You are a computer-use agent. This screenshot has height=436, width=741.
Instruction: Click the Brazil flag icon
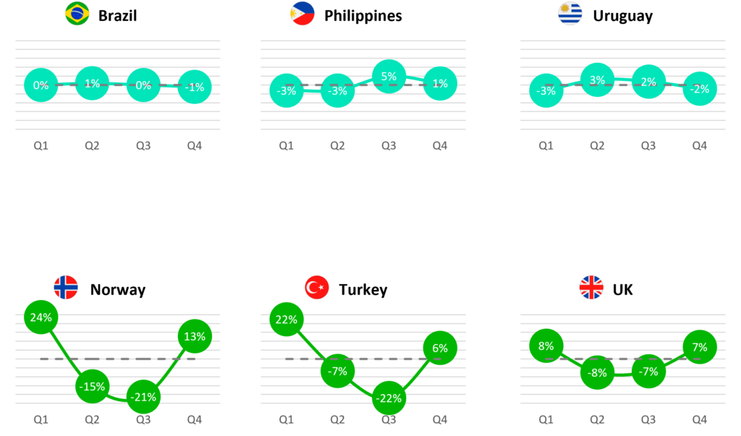click(77, 13)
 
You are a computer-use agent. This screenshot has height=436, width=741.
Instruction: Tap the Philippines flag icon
click(302, 13)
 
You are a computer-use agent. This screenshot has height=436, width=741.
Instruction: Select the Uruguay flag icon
click(570, 13)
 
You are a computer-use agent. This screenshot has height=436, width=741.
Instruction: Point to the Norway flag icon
click(66, 287)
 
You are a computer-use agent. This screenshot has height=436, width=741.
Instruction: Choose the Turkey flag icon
click(316, 287)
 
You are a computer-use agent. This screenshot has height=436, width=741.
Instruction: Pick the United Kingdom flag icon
click(591, 287)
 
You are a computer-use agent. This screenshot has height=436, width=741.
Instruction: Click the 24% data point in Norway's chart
click(41, 317)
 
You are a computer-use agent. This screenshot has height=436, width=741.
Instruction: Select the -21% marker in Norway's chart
click(143, 397)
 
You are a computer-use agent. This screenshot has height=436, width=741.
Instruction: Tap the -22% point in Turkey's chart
click(389, 398)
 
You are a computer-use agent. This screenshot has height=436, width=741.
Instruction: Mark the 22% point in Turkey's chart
click(287, 320)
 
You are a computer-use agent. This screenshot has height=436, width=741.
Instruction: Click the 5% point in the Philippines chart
click(389, 77)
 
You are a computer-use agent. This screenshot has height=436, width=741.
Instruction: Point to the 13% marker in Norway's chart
click(195, 336)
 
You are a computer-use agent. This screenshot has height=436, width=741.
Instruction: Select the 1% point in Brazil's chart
click(92, 84)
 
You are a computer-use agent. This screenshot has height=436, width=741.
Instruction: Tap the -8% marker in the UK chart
click(597, 372)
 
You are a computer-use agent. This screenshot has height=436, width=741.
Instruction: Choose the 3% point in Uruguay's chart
click(597, 80)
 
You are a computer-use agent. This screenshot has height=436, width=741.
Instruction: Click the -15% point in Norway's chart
click(92, 386)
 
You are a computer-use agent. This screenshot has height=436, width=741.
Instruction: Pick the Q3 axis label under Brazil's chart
click(143, 145)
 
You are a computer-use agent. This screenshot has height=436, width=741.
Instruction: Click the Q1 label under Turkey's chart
click(287, 419)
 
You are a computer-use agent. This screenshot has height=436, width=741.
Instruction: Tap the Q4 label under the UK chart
click(699, 419)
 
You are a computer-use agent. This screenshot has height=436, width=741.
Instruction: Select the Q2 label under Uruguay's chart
click(597, 145)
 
